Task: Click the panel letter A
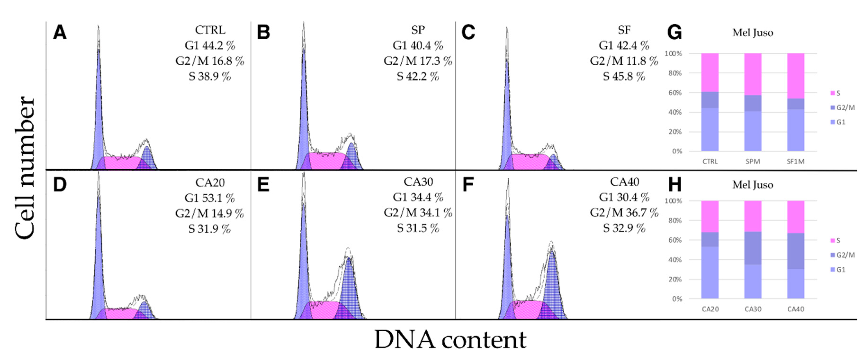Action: tap(60, 33)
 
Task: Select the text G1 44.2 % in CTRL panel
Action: tap(210, 45)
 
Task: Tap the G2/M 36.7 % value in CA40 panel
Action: tap(624, 212)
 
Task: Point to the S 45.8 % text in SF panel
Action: tap(624, 76)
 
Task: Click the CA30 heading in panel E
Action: tap(418, 182)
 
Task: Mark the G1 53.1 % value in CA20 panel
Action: tap(209, 198)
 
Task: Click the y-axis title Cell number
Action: tap(25, 168)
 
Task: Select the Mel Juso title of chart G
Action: tap(753, 33)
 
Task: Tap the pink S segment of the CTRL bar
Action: tap(710, 72)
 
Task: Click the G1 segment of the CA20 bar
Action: tap(710, 272)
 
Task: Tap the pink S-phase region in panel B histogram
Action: tap(324, 161)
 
